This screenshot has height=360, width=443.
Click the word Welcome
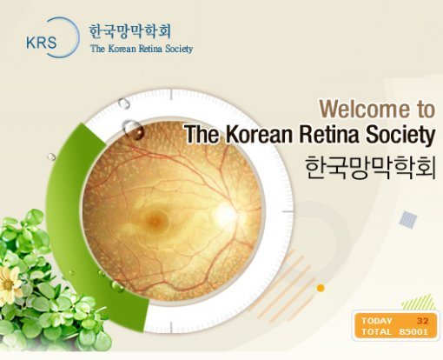point(361,109)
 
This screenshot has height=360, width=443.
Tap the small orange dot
point(321,287)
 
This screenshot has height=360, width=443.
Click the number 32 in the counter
point(422,321)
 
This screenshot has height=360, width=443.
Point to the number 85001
point(413,332)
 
